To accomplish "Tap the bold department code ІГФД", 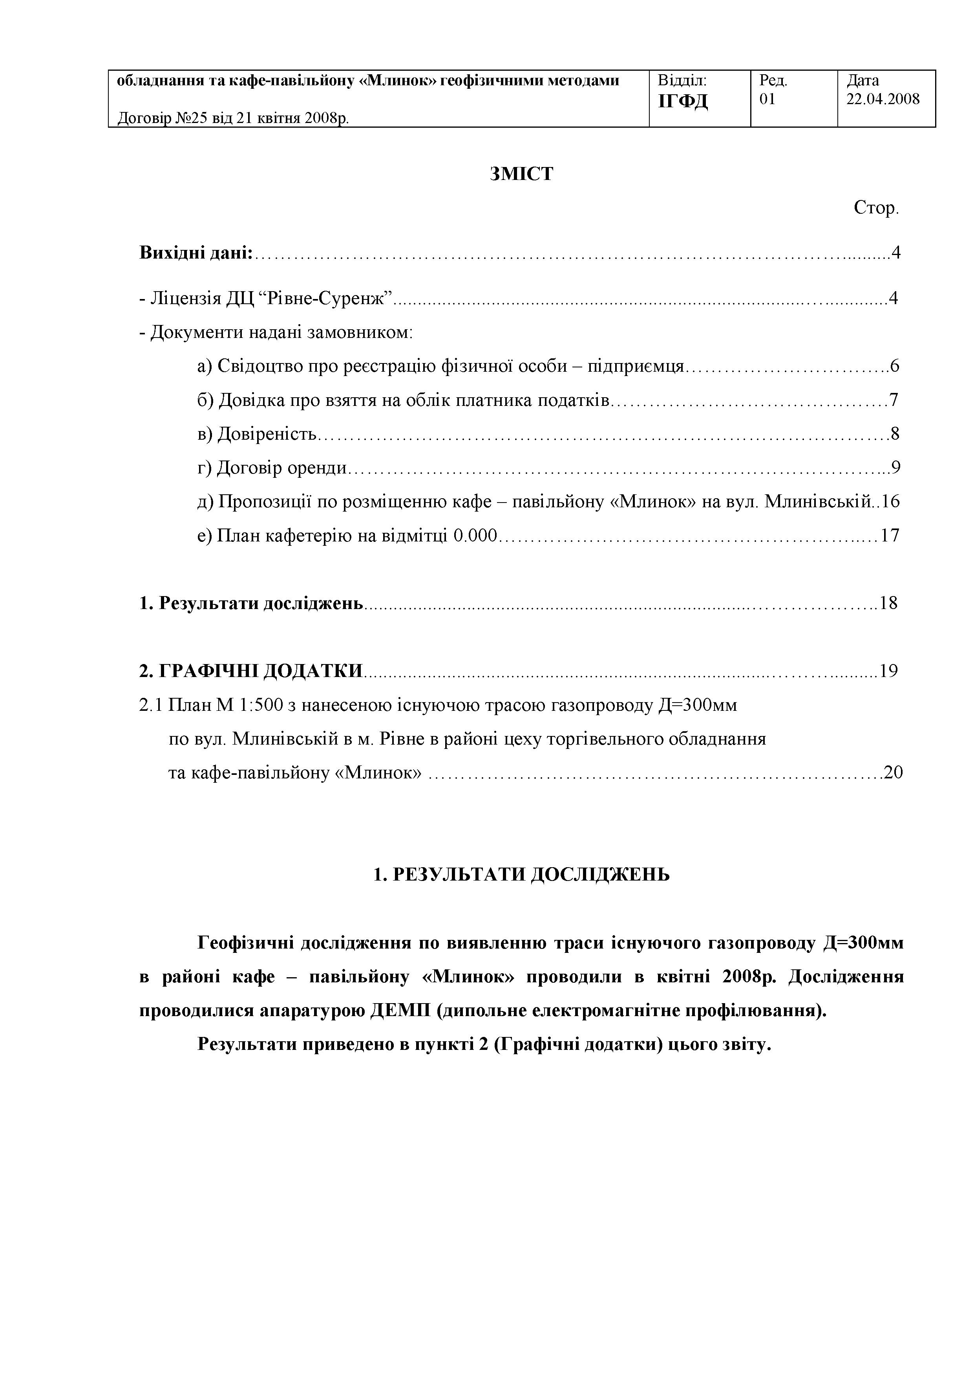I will pyautogui.click(x=683, y=101).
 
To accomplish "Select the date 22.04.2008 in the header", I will pyautogui.click(x=883, y=99).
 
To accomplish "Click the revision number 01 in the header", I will pyautogui.click(x=767, y=99).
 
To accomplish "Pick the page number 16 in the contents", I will pyautogui.click(x=891, y=501).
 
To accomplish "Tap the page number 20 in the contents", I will pyautogui.click(x=893, y=772).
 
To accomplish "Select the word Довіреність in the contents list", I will pyautogui.click(x=266, y=433).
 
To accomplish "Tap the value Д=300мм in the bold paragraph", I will pyautogui.click(x=860, y=943).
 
